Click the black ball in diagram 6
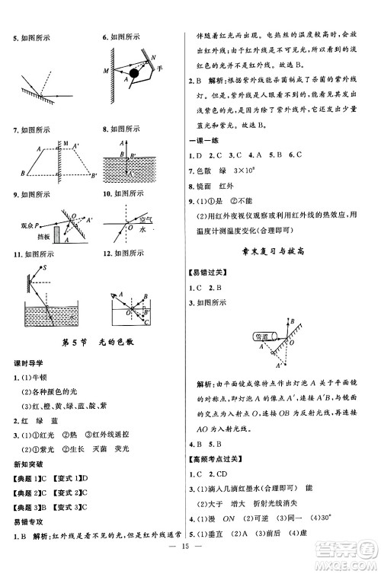(135, 74)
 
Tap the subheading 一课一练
(203, 141)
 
